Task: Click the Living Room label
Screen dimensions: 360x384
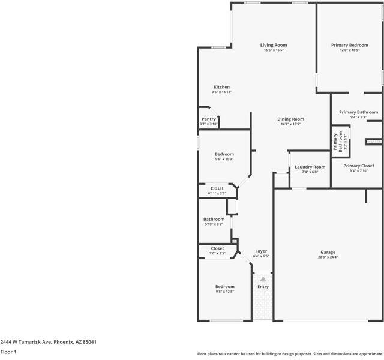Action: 273,45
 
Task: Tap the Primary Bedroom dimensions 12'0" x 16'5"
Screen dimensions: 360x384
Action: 349,50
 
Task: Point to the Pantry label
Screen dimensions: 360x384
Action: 208,119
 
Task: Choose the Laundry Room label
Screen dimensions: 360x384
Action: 310,167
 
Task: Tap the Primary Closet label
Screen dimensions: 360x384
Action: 358,166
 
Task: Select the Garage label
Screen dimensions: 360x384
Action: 328,252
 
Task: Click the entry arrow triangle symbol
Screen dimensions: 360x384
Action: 263,280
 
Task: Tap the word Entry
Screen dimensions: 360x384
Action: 263,287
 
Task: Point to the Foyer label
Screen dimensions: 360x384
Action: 261,251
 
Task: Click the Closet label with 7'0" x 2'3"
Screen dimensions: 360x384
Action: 217,248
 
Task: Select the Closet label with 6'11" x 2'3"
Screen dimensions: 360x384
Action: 217,188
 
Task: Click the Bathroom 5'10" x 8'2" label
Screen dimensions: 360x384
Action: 214,219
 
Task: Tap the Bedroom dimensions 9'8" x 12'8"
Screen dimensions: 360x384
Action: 225,292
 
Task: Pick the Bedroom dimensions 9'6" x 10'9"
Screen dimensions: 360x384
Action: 224,159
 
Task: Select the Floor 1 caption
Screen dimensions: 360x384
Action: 8,352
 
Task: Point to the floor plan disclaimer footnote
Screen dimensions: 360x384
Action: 289,353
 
